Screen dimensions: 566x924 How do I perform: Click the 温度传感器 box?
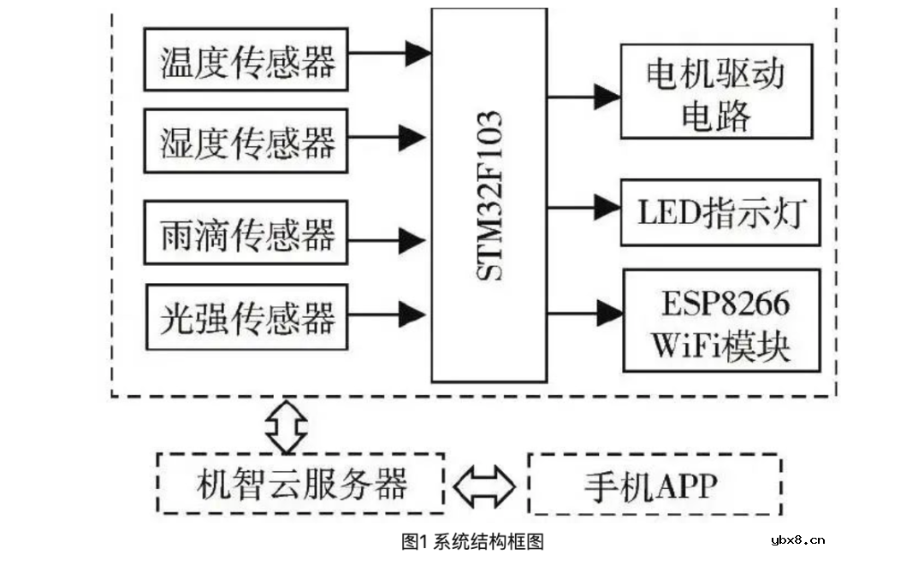pyautogui.click(x=246, y=60)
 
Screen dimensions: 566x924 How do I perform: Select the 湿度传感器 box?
pyautogui.click(x=246, y=141)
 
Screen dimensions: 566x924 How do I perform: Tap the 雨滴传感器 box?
pyautogui.click(x=246, y=233)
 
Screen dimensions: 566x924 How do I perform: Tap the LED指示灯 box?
pyautogui.click(x=720, y=213)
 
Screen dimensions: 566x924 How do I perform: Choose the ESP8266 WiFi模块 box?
pyautogui.click(x=721, y=320)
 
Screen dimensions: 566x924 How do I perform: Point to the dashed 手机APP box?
pyautogui.click(x=654, y=484)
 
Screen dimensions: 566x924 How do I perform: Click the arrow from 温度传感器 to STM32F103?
pyautogui.click(x=388, y=53)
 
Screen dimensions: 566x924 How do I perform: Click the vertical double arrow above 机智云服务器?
pyautogui.click(x=285, y=424)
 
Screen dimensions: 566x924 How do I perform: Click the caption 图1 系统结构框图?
pyautogui.click(x=472, y=541)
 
